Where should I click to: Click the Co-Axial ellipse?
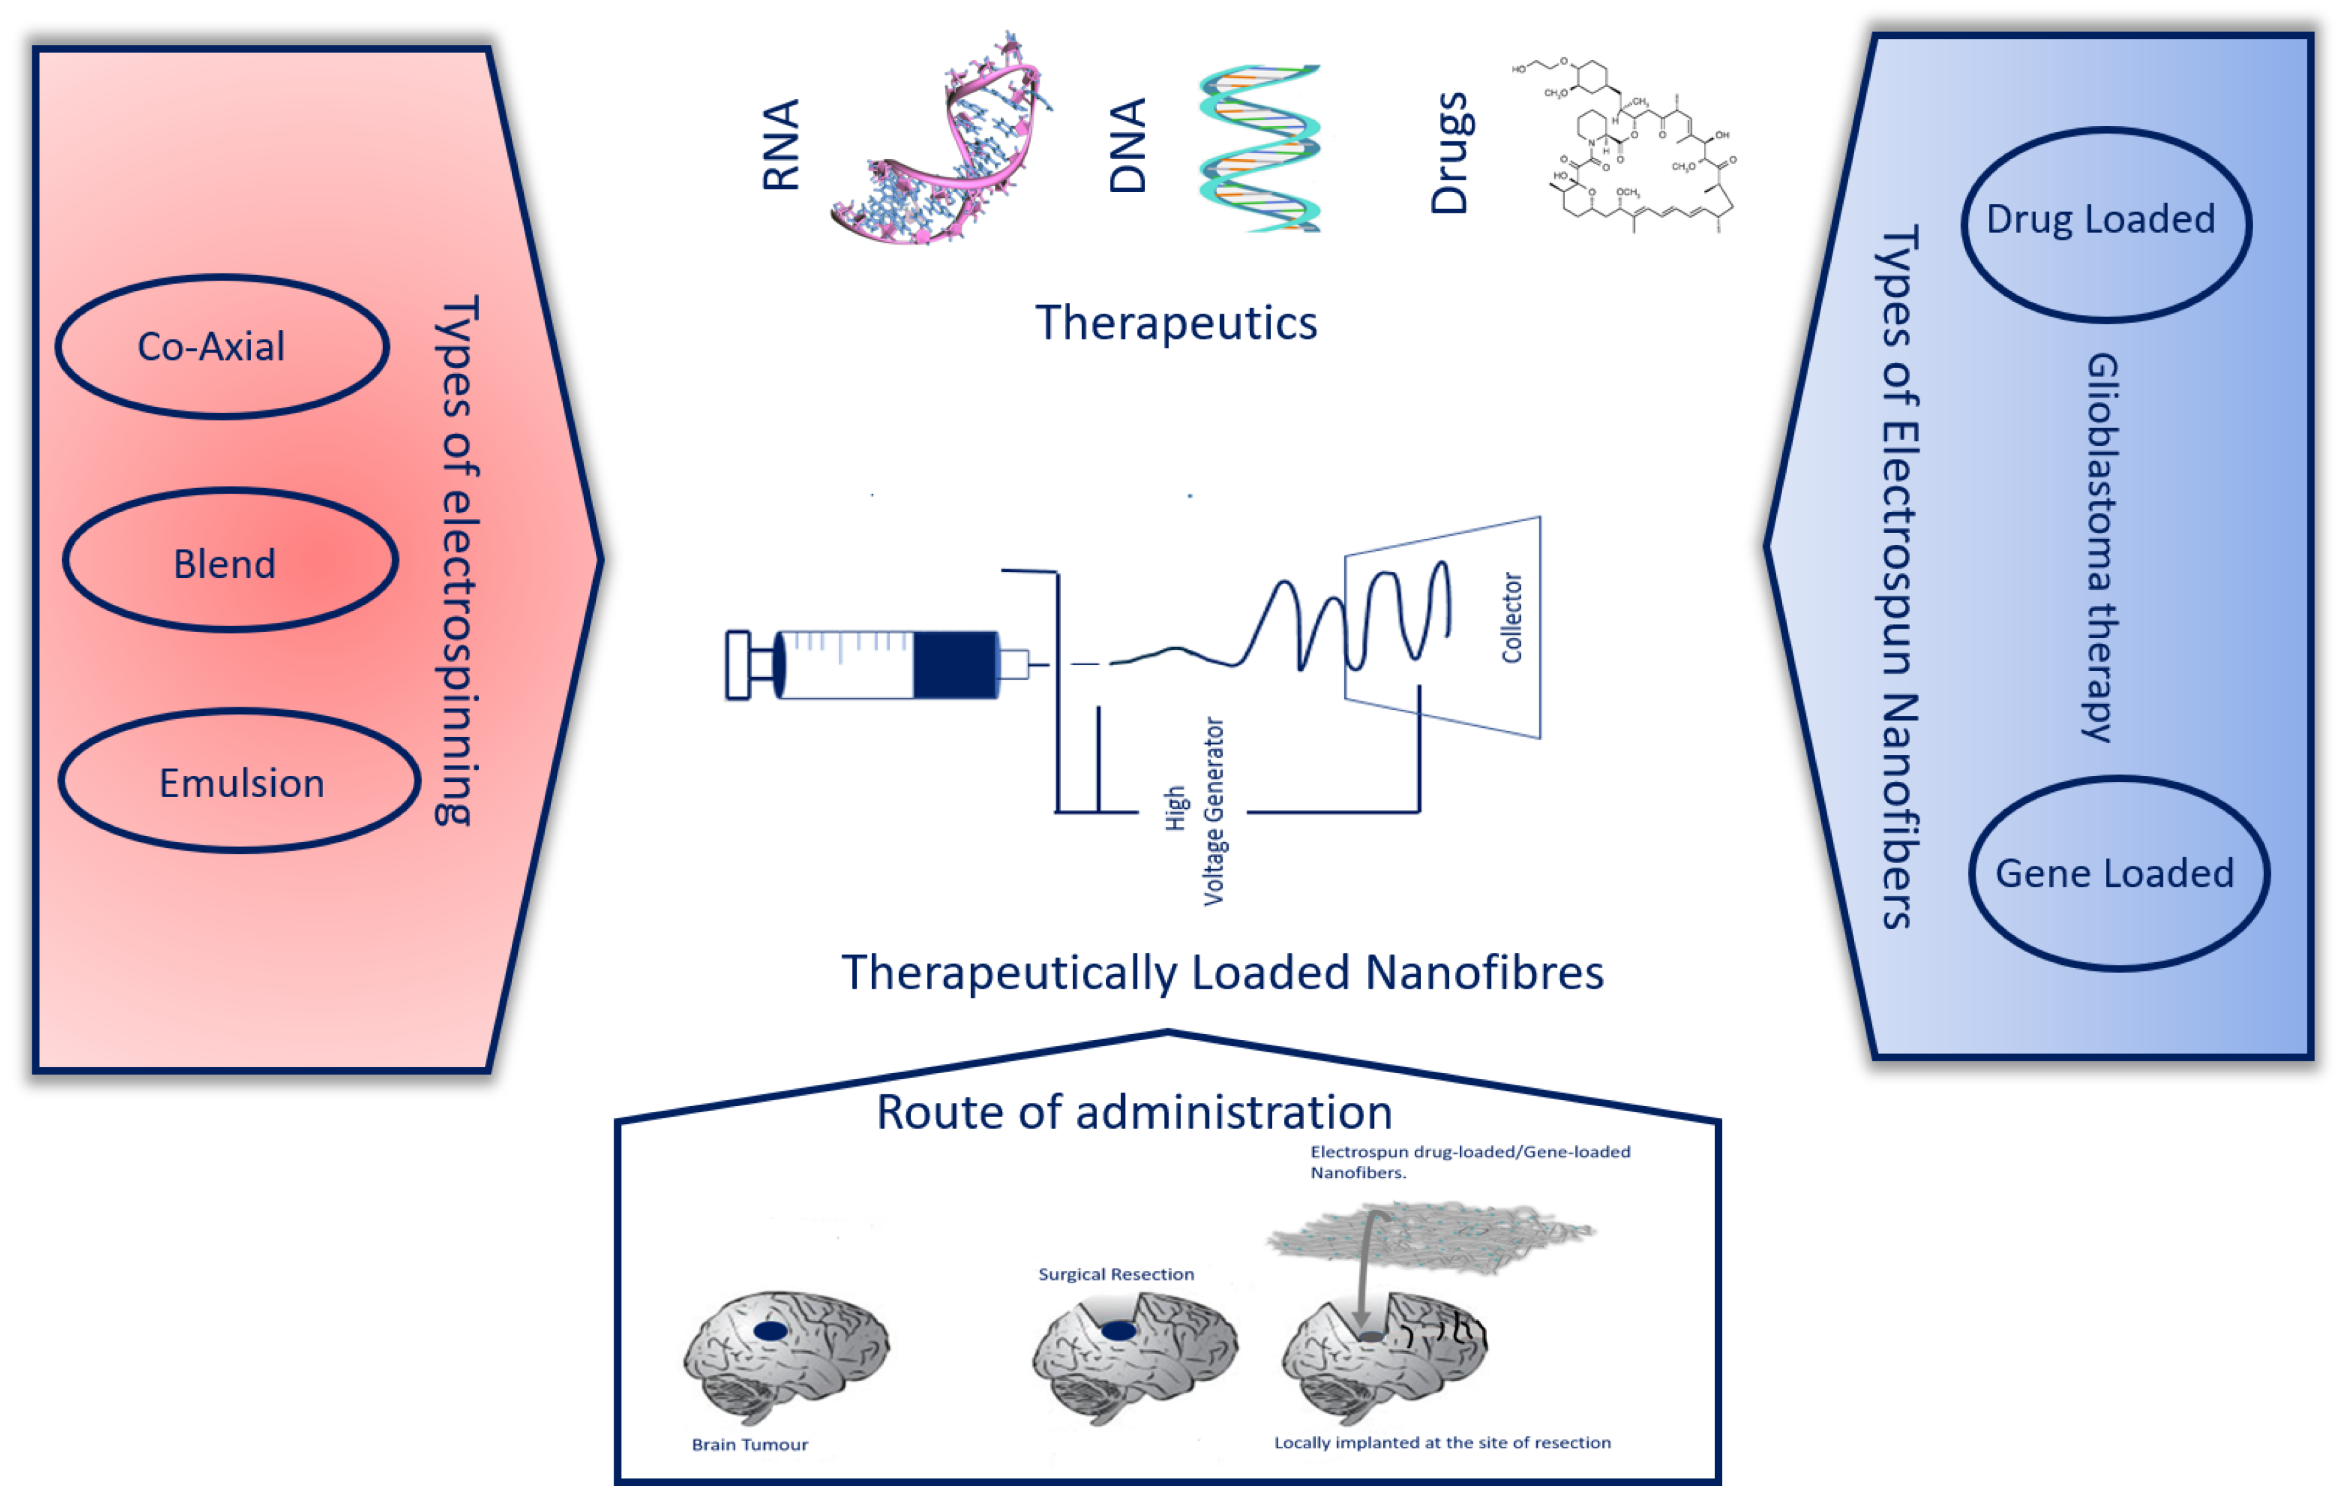pos(222,346)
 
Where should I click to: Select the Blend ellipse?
pos(230,560)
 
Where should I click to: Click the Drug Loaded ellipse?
pos(2105,224)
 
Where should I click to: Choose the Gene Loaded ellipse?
pos(2117,873)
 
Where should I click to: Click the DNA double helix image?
pos(1260,149)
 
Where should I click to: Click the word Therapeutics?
pos(1175,324)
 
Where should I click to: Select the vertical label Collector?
pos(1511,618)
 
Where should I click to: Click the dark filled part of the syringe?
pos(955,665)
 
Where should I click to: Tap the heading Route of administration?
pos(1134,1113)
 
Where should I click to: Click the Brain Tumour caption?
pos(750,1444)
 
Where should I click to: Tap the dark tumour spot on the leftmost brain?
pos(770,1331)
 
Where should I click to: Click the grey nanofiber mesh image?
pos(1433,1236)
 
